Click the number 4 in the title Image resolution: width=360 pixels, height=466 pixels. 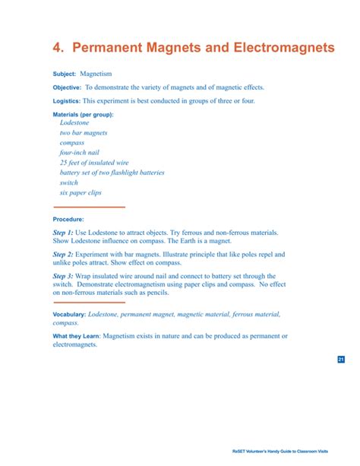click(57, 48)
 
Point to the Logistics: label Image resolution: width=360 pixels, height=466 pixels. click(66, 101)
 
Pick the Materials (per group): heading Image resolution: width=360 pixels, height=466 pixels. click(83, 114)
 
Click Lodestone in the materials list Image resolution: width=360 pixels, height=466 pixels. click(74, 122)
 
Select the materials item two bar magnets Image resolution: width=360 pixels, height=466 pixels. click(84, 132)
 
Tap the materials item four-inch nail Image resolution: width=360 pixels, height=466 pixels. click(80, 152)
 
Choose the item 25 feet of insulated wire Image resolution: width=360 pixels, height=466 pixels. click(94, 162)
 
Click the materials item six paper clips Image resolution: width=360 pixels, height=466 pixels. click(81, 192)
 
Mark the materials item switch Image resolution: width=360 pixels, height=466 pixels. click(68, 182)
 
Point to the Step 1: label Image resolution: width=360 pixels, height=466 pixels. click(63, 231)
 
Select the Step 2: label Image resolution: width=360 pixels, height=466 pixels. click(63, 254)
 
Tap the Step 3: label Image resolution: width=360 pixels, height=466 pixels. click(63, 276)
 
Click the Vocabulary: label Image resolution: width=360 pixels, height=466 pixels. click(69, 314)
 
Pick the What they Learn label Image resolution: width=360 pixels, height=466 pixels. click(76, 336)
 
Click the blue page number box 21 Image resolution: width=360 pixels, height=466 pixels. click(340, 360)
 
